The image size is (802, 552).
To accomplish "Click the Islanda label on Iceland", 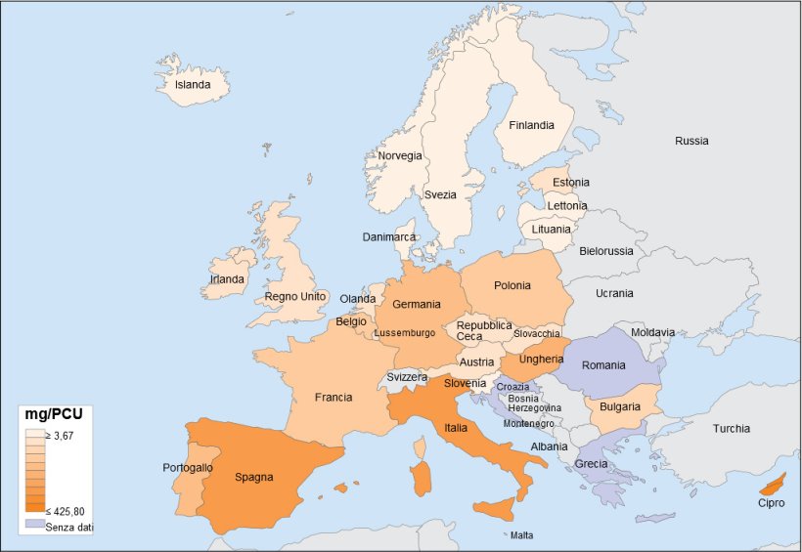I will tap(193, 85).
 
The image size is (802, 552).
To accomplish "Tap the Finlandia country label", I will tap(531, 125).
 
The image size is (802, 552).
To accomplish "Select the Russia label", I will tap(691, 141).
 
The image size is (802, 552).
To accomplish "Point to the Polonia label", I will tap(512, 285).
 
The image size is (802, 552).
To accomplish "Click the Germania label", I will tap(417, 305).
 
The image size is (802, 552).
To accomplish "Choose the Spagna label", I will tap(253, 478).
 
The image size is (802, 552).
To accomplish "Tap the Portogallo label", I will tap(188, 468).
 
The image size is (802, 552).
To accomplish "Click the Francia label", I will tap(334, 398).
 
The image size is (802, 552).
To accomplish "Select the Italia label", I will tap(456, 427).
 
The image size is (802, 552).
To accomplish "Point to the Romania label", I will tap(602, 365).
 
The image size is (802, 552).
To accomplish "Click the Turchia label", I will tap(732, 428).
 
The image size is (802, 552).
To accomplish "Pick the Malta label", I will tap(521, 535).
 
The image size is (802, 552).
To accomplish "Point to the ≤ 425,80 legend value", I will tap(65, 511).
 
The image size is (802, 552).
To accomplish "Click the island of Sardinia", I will tap(423, 478).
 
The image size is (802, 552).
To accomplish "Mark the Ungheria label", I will tap(541, 359).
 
